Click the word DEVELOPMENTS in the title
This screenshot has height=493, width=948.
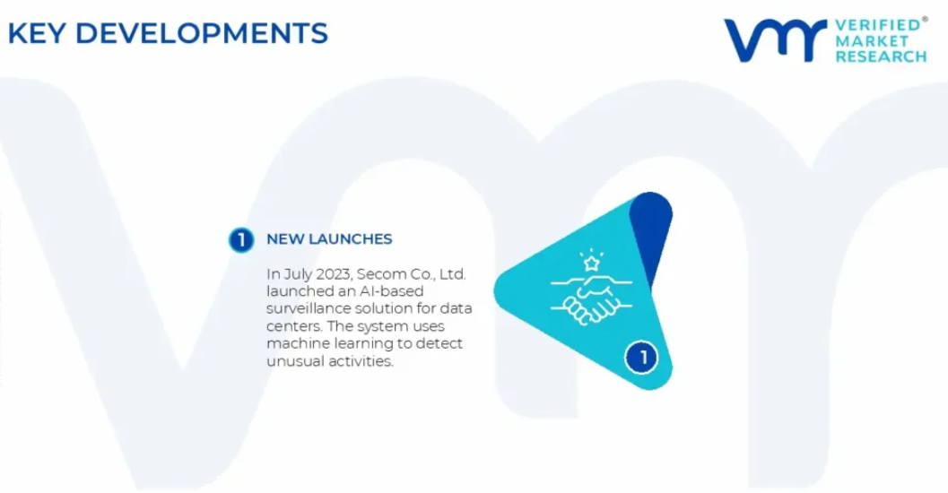click(x=201, y=33)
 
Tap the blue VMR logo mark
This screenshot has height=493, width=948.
click(x=775, y=40)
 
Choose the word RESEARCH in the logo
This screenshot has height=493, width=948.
click(x=881, y=56)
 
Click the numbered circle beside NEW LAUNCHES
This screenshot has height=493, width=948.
click(x=241, y=240)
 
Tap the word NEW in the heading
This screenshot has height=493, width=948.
click(x=285, y=239)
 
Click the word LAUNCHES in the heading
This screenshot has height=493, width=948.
click(x=350, y=239)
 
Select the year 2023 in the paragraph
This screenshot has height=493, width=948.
click(x=334, y=274)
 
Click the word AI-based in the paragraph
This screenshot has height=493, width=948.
click(x=391, y=291)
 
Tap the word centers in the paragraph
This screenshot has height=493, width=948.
click(x=295, y=326)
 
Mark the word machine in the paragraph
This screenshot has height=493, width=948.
click(x=295, y=343)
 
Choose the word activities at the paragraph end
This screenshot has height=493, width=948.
click(x=361, y=361)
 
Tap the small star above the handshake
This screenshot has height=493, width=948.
click(x=591, y=263)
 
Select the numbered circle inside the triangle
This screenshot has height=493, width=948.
click(x=641, y=357)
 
